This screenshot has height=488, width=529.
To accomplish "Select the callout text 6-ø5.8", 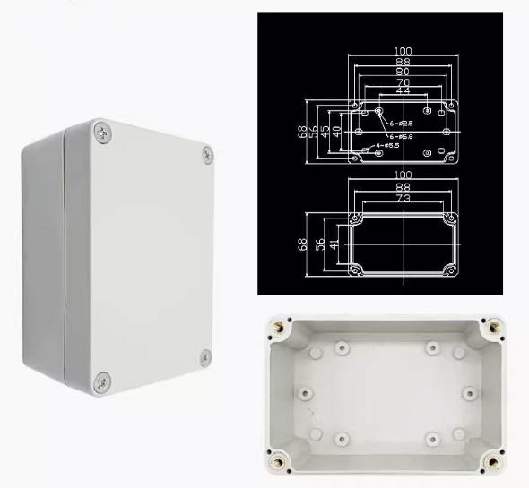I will click(x=400, y=135).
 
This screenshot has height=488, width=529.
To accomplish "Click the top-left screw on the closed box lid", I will click(x=101, y=133).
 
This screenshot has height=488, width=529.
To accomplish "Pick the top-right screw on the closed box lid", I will click(x=207, y=155).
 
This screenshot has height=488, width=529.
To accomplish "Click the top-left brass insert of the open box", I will click(x=277, y=329).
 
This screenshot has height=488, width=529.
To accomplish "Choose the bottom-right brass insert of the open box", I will click(x=491, y=464).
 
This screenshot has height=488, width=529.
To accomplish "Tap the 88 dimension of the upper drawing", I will click(x=402, y=63).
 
